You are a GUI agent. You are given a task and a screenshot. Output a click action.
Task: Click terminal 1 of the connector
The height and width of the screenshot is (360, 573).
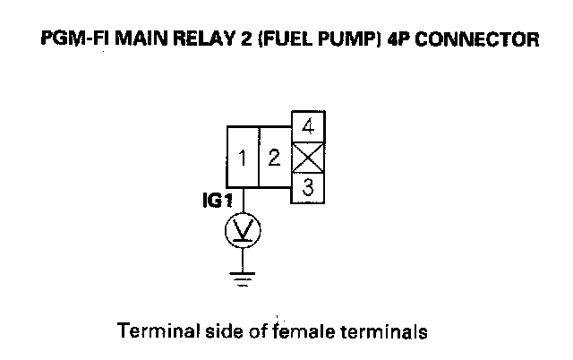click(243, 159)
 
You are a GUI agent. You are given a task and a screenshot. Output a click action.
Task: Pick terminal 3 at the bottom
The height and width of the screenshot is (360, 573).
click(308, 188)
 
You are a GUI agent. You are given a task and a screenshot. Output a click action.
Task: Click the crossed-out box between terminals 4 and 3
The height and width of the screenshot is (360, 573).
click(308, 159)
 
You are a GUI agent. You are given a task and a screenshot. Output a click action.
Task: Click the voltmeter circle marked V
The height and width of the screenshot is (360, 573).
click(242, 231)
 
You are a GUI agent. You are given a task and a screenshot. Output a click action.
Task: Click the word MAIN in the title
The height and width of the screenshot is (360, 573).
click(139, 39)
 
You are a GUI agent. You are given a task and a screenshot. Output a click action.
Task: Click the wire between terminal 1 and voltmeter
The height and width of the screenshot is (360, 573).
click(242, 202)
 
